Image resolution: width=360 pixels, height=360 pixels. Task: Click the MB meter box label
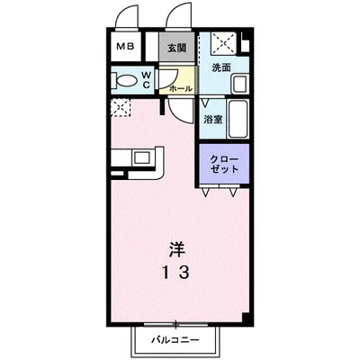click(125, 47)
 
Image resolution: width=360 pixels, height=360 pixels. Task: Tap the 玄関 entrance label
click(176, 48)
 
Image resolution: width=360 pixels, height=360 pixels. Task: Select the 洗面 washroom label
click(221, 67)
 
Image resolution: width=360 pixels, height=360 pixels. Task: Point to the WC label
click(147, 79)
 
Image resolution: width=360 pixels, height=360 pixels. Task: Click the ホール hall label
click(181, 88)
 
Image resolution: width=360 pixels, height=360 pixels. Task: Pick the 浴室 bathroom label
click(213, 120)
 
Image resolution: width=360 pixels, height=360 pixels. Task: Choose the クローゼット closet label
click(224, 164)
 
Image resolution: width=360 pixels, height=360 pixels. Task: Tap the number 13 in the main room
click(175, 273)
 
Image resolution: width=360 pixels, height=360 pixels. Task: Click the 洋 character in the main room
click(176, 249)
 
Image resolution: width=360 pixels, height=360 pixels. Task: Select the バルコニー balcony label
click(175, 340)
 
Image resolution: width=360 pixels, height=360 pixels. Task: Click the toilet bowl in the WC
click(126, 80)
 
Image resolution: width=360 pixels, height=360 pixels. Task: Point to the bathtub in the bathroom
click(238, 119)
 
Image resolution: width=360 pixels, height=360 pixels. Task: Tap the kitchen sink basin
click(141, 157)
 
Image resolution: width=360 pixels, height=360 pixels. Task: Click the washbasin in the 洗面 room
click(239, 85)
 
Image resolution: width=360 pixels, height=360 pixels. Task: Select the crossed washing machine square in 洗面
click(223, 43)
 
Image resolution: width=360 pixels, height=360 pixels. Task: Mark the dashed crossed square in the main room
click(121, 108)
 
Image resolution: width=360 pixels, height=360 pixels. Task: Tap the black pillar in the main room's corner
click(246, 317)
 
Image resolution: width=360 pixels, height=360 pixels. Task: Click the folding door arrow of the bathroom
click(205, 103)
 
